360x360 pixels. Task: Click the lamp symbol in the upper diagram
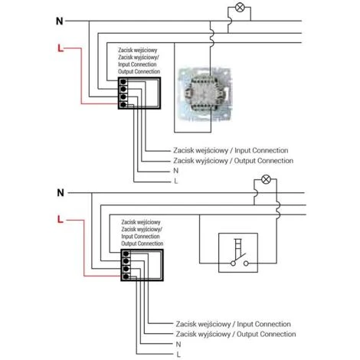[x=240, y=8]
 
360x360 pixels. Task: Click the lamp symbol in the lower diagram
[x=266, y=179]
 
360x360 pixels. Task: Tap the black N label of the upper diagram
[x=60, y=21]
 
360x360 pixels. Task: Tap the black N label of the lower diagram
[x=61, y=193]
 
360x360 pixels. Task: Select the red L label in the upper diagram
[x=61, y=48]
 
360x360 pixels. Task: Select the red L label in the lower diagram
[x=60, y=219]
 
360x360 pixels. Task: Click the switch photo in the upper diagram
[x=204, y=93]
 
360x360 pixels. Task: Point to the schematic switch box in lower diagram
[x=238, y=253]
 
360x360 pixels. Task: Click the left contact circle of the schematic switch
[x=233, y=263]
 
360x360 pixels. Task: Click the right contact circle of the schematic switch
[x=246, y=263]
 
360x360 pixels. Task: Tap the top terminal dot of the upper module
[x=123, y=82]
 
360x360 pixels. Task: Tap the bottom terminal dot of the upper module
[x=123, y=104]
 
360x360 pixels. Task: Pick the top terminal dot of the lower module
[x=126, y=254]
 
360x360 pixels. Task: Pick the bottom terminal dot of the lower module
[x=126, y=277]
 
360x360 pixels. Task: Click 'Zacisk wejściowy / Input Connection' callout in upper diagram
[x=231, y=150]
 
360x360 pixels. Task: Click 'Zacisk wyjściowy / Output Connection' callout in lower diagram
[x=236, y=334]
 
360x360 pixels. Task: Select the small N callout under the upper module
[x=175, y=171]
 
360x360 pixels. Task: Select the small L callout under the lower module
[x=178, y=355]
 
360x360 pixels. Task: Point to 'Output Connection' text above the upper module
[x=139, y=71]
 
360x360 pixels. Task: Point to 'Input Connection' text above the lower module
[x=140, y=237]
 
